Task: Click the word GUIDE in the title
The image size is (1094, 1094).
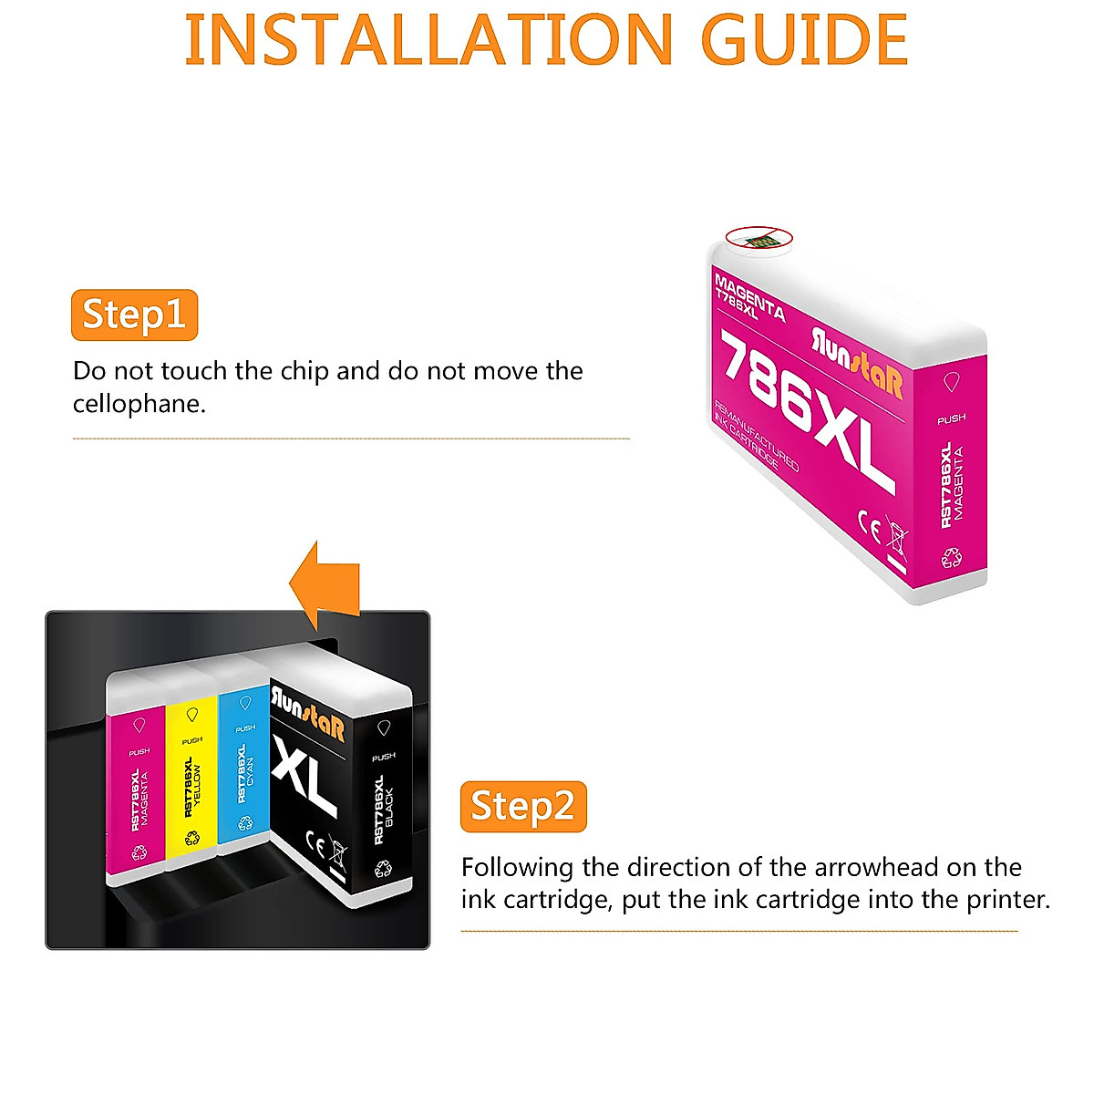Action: (804, 41)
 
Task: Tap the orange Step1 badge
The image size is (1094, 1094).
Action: (134, 315)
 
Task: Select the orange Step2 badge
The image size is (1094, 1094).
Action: (523, 807)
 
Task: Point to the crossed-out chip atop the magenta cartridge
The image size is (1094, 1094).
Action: (759, 238)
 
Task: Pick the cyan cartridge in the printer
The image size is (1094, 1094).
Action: (243, 766)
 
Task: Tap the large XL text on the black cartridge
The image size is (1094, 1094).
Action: (305, 775)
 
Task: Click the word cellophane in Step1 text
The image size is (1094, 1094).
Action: (139, 404)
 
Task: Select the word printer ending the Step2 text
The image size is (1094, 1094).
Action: (1007, 900)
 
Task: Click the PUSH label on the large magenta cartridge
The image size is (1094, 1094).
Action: (951, 418)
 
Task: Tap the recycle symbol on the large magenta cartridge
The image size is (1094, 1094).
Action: (952, 557)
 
